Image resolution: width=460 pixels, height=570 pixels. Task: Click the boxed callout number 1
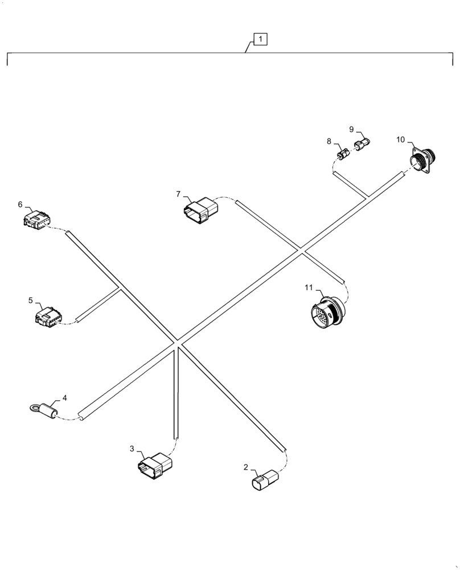260,39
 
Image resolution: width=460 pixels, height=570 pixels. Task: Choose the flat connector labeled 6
36,220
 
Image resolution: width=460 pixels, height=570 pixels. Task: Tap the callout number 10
401,139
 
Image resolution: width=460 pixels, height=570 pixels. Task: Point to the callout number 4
64,397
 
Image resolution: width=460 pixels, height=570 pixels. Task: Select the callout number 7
178,194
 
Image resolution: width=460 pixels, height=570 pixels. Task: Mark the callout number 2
246,467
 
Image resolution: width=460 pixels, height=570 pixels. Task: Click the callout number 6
20,204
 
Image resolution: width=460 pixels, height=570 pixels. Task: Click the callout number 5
31,299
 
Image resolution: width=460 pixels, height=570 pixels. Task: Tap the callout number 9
351,129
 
